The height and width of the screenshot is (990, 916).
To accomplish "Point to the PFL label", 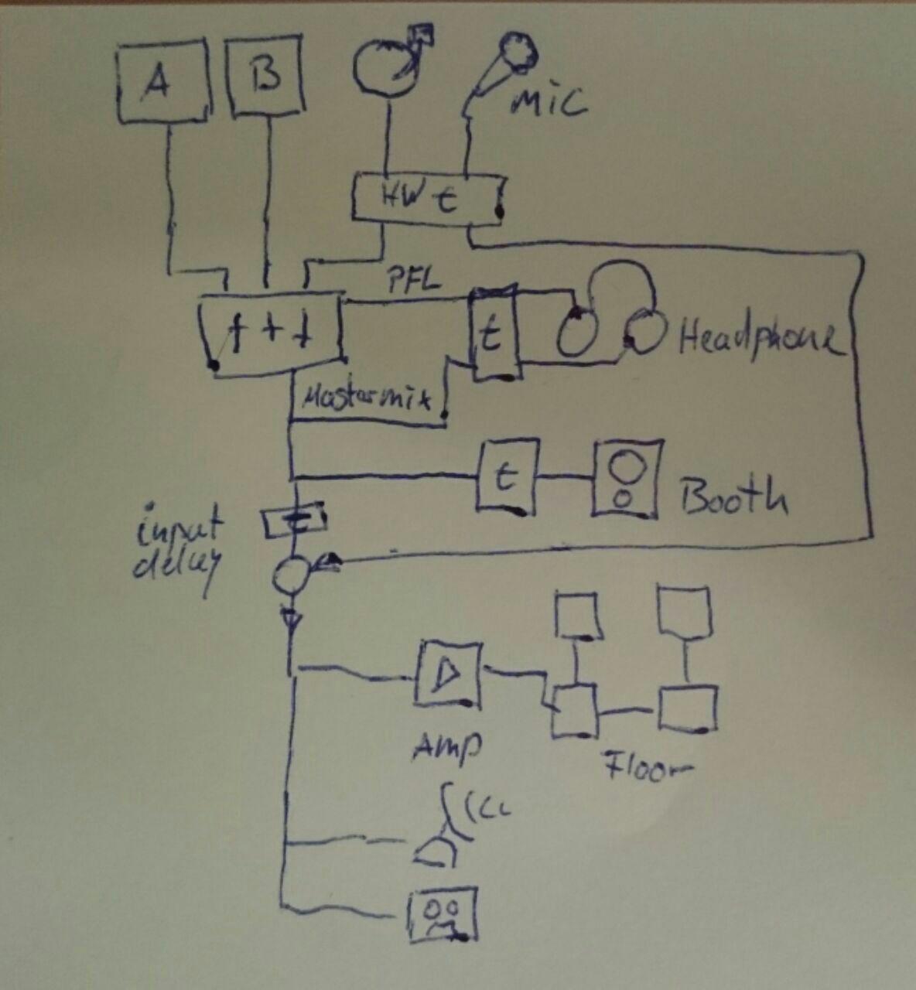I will tap(415, 280).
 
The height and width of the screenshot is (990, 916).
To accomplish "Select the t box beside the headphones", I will tap(493, 333).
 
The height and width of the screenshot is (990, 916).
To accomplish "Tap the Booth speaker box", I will tap(627, 479).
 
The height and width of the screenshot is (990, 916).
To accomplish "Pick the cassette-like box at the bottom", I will tap(442, 913).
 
